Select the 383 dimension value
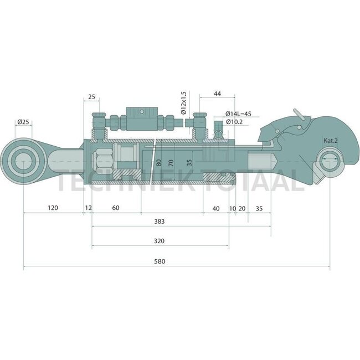tap(160, 221)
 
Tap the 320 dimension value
tap(160, 241)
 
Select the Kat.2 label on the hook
tap(331, 141)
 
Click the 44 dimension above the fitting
tap(217, 94)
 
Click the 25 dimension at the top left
tap(91, 97)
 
